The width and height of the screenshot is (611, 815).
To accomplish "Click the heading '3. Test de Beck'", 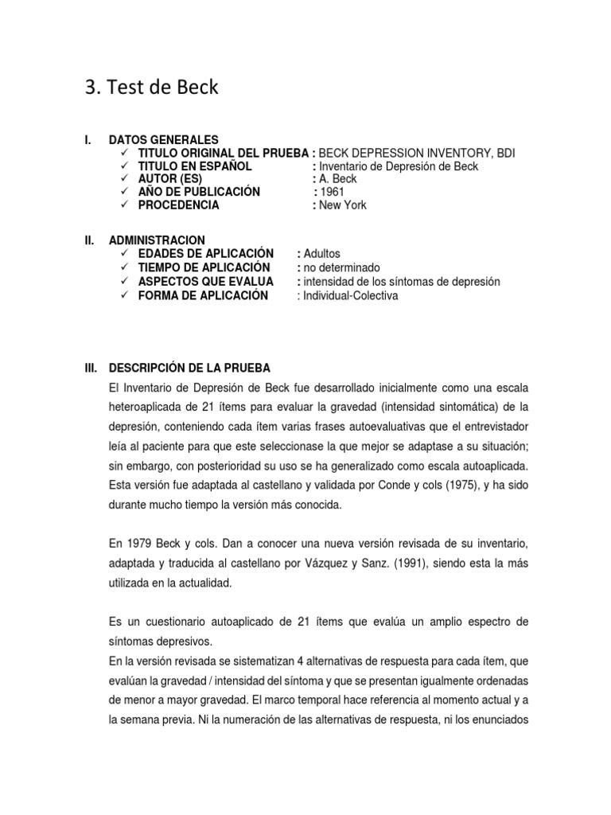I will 151,88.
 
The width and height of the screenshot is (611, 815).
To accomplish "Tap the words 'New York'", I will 343,205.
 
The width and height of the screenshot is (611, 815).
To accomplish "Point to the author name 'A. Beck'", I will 338,179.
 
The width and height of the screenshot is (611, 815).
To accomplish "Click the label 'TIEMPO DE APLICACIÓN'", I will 204,267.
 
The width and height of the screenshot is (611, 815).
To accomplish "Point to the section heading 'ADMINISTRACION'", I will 157,240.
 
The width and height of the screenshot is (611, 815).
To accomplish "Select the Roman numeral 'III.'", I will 90,368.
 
